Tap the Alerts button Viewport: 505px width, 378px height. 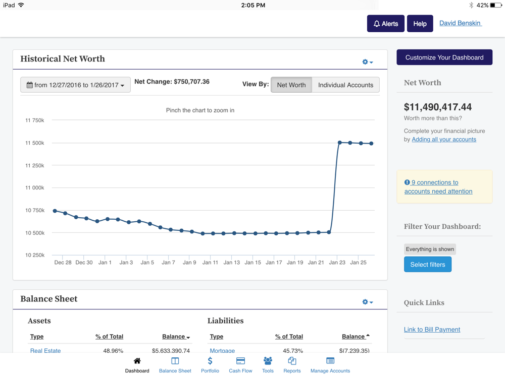[385, 24]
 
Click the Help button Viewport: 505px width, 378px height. [420, 24]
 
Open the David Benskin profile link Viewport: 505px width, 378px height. [460, 23]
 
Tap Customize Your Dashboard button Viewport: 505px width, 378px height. [444, 57]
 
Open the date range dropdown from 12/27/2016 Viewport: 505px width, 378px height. [75, 85]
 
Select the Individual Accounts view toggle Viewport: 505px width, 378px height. [345, 85]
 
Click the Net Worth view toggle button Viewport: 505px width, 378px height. [291, 85]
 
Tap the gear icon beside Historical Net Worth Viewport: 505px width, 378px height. [367, 62]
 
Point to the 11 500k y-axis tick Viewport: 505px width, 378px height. [35, 143]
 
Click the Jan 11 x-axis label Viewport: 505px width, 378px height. [210, 263]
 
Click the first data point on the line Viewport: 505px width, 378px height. [55, 211]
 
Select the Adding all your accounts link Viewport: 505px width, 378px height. [444, 140]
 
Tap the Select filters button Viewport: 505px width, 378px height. [427, 265]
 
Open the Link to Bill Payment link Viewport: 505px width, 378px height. [432, 330]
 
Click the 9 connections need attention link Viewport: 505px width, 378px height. [438, 187]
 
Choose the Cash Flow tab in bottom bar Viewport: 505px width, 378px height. [240, 365]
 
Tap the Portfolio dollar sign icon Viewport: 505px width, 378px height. [210, 361]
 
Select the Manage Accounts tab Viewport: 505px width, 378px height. [330, 365]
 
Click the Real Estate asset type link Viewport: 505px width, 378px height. [45, 350]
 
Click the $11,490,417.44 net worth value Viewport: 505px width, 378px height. [438, 107]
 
